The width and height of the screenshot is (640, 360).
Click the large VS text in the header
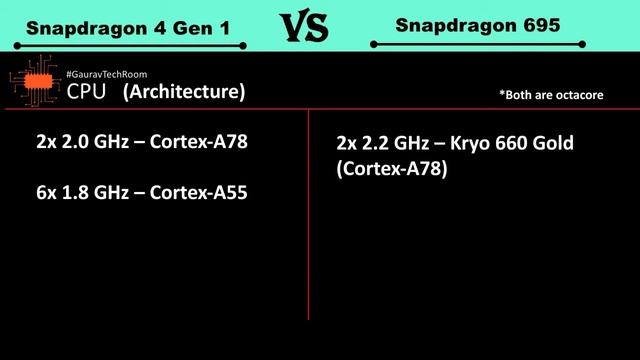pyautogui.click(x=302, y=27)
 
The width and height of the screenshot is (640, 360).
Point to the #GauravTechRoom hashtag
pyautogui.click(x=106, y=75)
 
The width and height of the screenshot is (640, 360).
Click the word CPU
pyautogui.click(x=87, y=93)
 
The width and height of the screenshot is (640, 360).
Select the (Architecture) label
pyautogui.click(x=184, y=93)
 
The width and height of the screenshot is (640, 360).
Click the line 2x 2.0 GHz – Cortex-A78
pyautogui.click(x=141, y=142)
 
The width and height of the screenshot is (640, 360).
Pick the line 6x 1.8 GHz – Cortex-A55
pyautogui.click(x=141, y=193)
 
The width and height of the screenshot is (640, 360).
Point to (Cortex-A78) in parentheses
pyautogui.click(x=392, y=170)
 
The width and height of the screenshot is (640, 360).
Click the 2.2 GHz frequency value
pyautogui.click(x=393, y=144)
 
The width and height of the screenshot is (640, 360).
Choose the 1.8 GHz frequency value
pyautogui.click(x=91, y=193)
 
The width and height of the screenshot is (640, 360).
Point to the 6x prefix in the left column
pyautogui.click(x=45, y=193)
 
